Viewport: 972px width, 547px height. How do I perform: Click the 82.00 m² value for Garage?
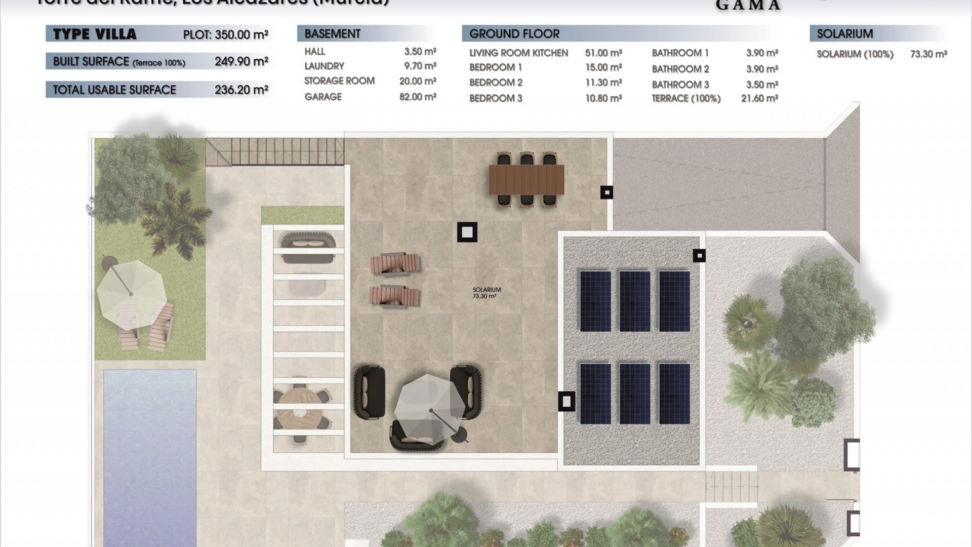pos(418,97)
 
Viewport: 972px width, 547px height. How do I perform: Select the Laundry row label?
pos(324,66)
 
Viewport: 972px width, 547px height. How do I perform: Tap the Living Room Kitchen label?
pos(518,53)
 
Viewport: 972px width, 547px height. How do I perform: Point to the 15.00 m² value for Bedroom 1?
pos(603,67)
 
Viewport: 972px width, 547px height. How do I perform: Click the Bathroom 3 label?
pos(680,85)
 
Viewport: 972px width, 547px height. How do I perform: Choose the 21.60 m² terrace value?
pos(759,98)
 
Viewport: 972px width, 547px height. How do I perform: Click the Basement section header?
pos(333,34)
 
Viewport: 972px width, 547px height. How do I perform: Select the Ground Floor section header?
pos(514,34)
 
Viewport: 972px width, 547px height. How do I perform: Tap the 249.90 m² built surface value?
pos(241,61)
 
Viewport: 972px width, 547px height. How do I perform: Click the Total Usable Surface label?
pos(114,90)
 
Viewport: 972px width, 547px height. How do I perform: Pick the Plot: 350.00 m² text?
pos(225,34)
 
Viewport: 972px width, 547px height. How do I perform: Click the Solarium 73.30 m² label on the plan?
pos(487,293)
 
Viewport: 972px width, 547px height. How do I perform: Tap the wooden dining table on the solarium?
pos(526,180)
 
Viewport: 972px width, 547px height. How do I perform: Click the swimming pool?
pos(149,456)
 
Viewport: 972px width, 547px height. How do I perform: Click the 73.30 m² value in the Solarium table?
pos(928,54)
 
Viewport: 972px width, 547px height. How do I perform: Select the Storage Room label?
pos(339,81)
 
